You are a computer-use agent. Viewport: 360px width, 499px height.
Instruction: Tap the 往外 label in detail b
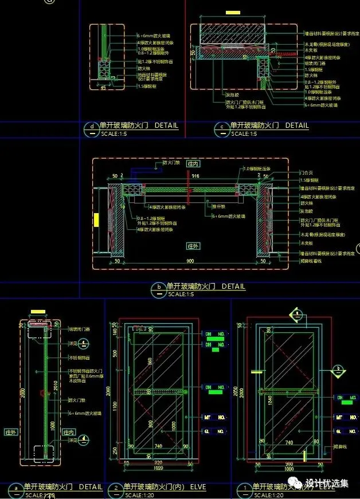point(192,245)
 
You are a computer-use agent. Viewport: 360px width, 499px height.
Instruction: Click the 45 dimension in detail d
point(103,88)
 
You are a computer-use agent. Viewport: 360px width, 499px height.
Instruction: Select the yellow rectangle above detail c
point(233,11)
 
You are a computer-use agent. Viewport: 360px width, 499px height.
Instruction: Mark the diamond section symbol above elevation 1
point(296,314)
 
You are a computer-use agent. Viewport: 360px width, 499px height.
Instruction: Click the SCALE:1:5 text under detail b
point(181,294)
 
